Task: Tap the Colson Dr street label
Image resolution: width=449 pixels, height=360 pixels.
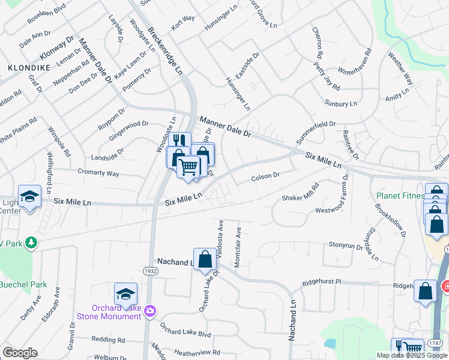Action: coord(265,177)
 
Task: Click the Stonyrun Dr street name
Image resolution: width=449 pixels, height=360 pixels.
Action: coord(346,245)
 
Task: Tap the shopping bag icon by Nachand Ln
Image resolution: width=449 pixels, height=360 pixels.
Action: coord(205,259)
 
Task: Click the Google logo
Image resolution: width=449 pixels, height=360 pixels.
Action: coord(20,352)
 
